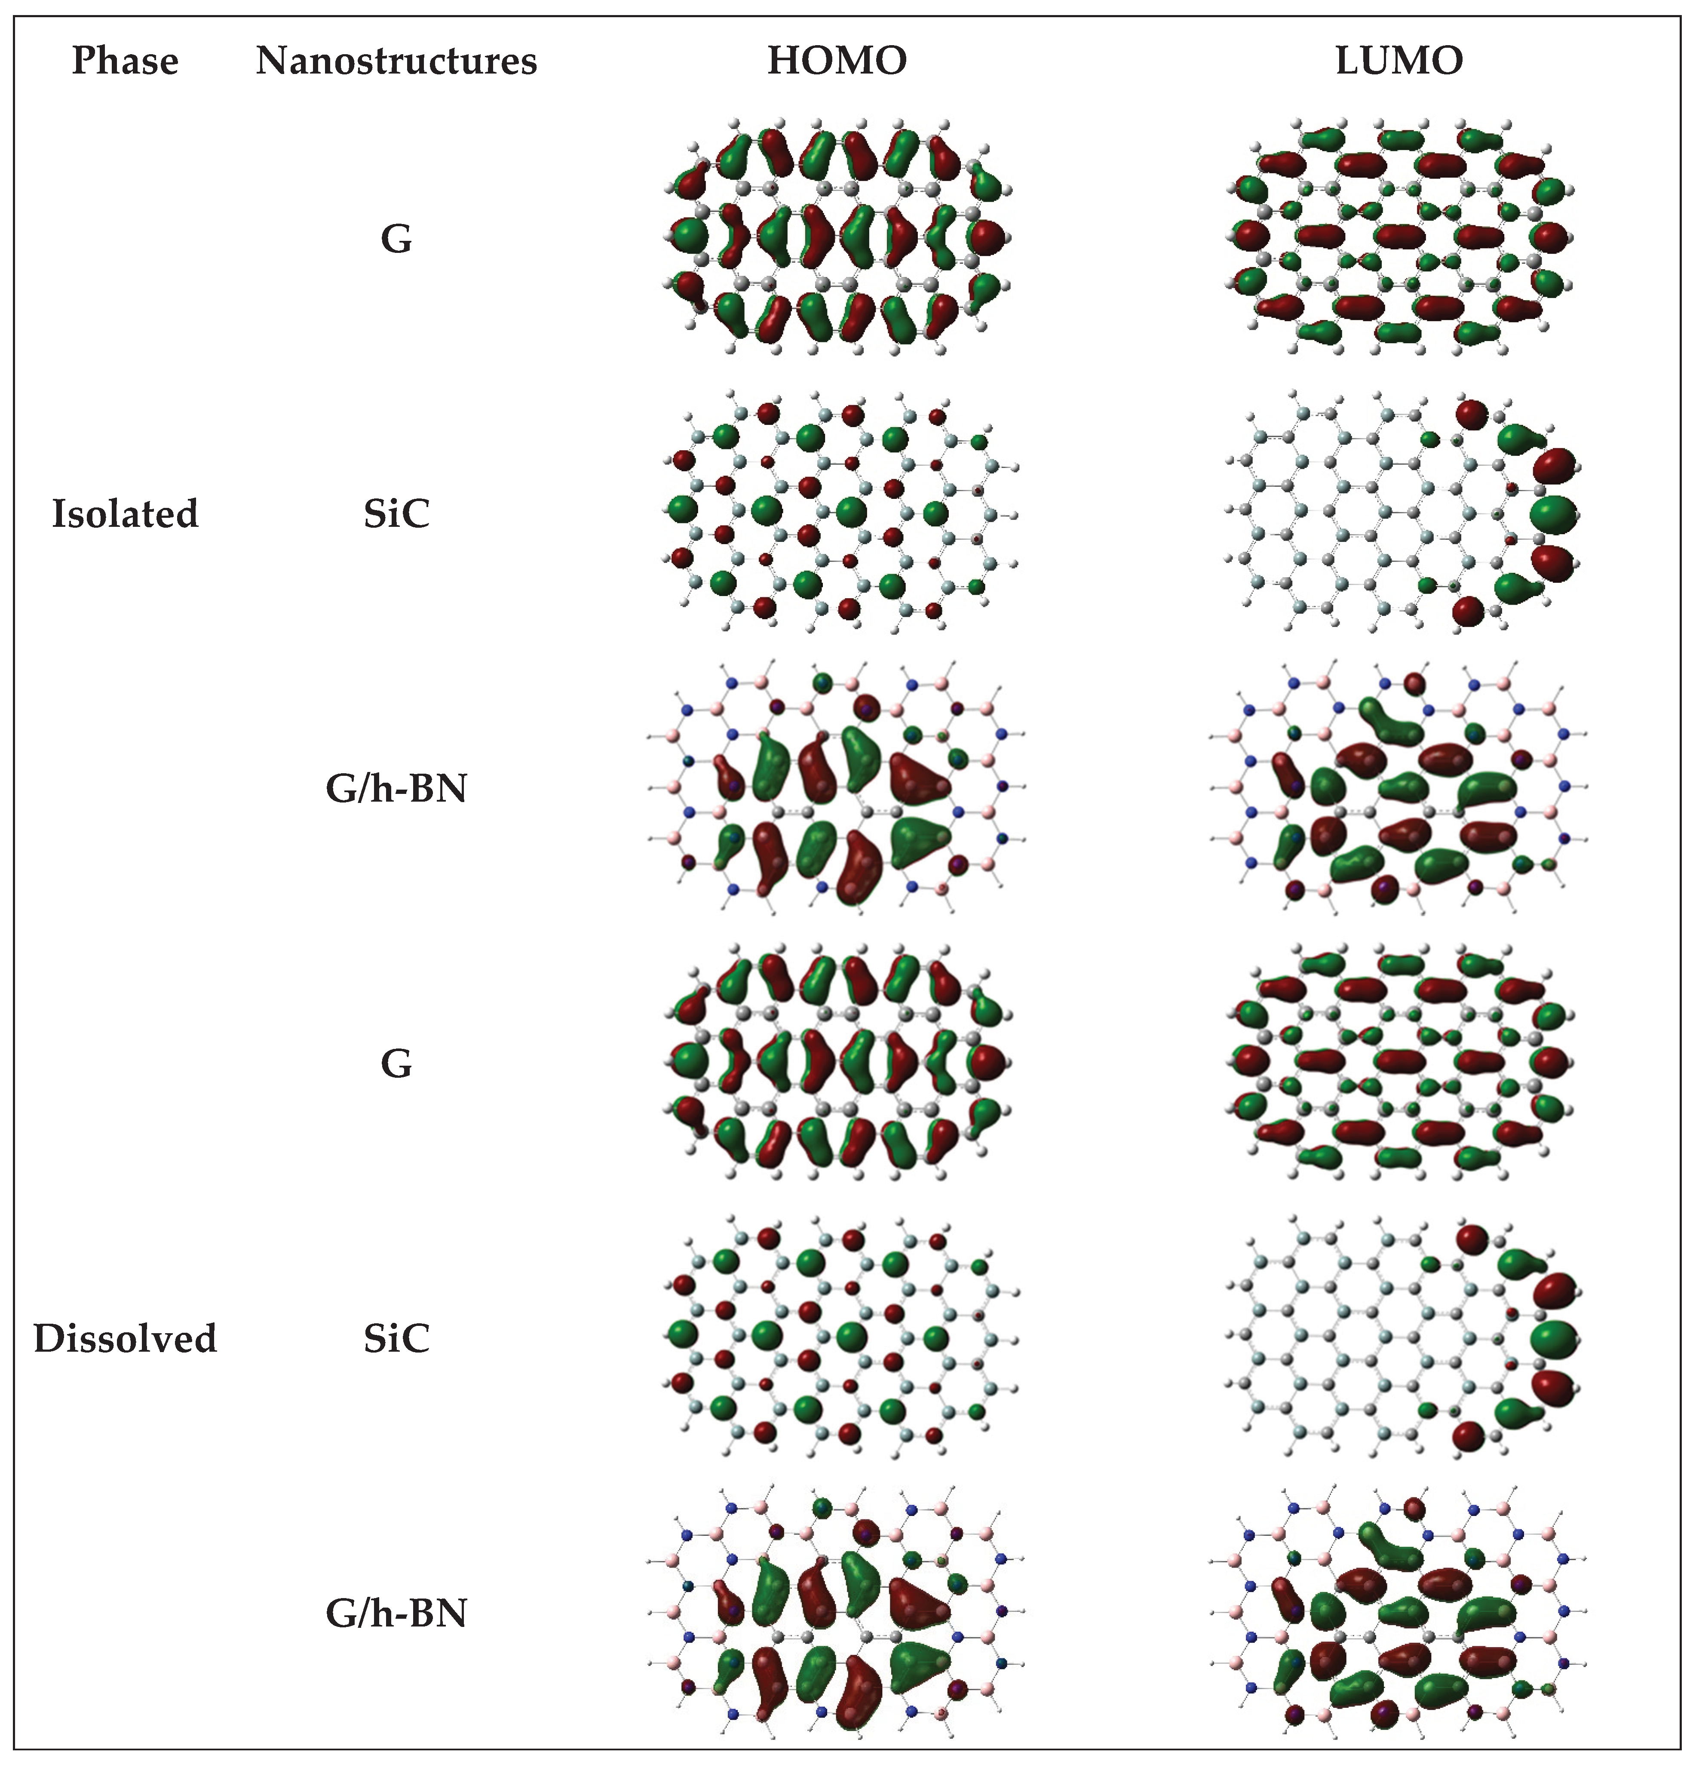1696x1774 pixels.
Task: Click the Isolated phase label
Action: [125, 513]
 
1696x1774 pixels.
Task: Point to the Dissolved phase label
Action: [125, 1338]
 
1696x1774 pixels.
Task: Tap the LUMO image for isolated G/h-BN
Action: [1399, 788]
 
